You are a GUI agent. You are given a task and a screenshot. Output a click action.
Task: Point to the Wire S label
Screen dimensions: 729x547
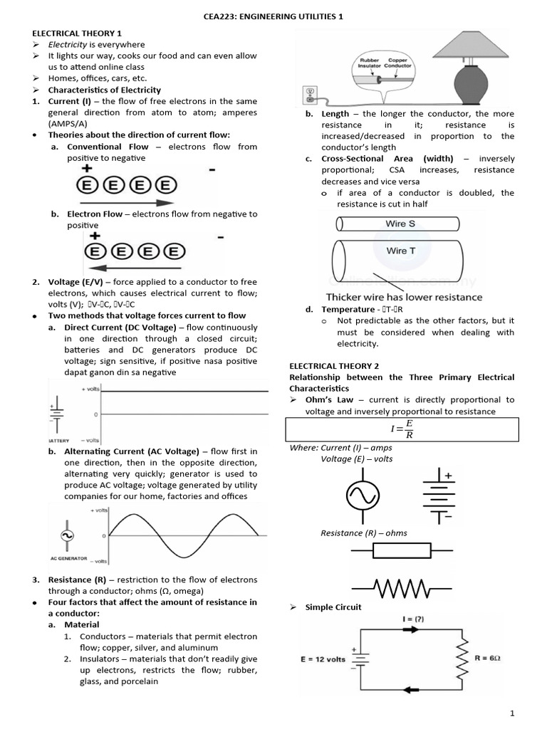coord(400,224)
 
